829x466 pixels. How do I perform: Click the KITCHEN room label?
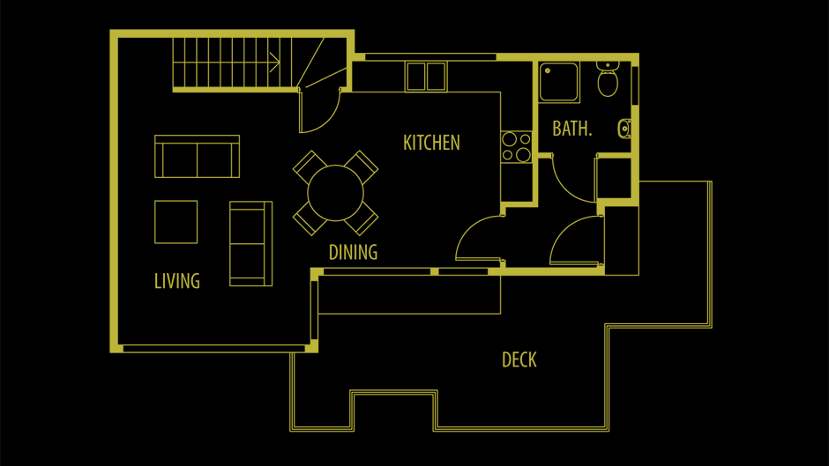click(x=431, y=143)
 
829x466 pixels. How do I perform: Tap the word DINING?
click(x=353, y=253)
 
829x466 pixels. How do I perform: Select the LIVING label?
click(x=177, y=281)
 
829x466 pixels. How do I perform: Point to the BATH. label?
click(x=572, y=129)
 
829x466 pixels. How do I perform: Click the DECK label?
click(x=519, y=359)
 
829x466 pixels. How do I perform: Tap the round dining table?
click(x=336, y=193)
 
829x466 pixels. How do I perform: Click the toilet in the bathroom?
click(x=608, y=79)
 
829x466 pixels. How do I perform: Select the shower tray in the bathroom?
click(x=559, y=82)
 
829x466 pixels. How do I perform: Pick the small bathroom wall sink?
click(x=624, y=129)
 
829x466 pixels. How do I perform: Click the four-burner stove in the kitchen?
click(x=517, y=147)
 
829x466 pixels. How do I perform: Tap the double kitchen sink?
click(x=426, y=78)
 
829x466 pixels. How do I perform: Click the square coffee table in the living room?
click(x=176, y=222)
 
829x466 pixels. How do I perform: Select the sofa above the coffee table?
click(x=198, y=157)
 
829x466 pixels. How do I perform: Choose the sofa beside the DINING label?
click(x=251, y=243)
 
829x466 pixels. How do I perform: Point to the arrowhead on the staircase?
click(x=275, y=62)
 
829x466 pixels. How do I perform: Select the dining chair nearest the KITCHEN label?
click(x=361, y=167)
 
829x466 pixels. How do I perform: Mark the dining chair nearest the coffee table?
click(x=310, y=218)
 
